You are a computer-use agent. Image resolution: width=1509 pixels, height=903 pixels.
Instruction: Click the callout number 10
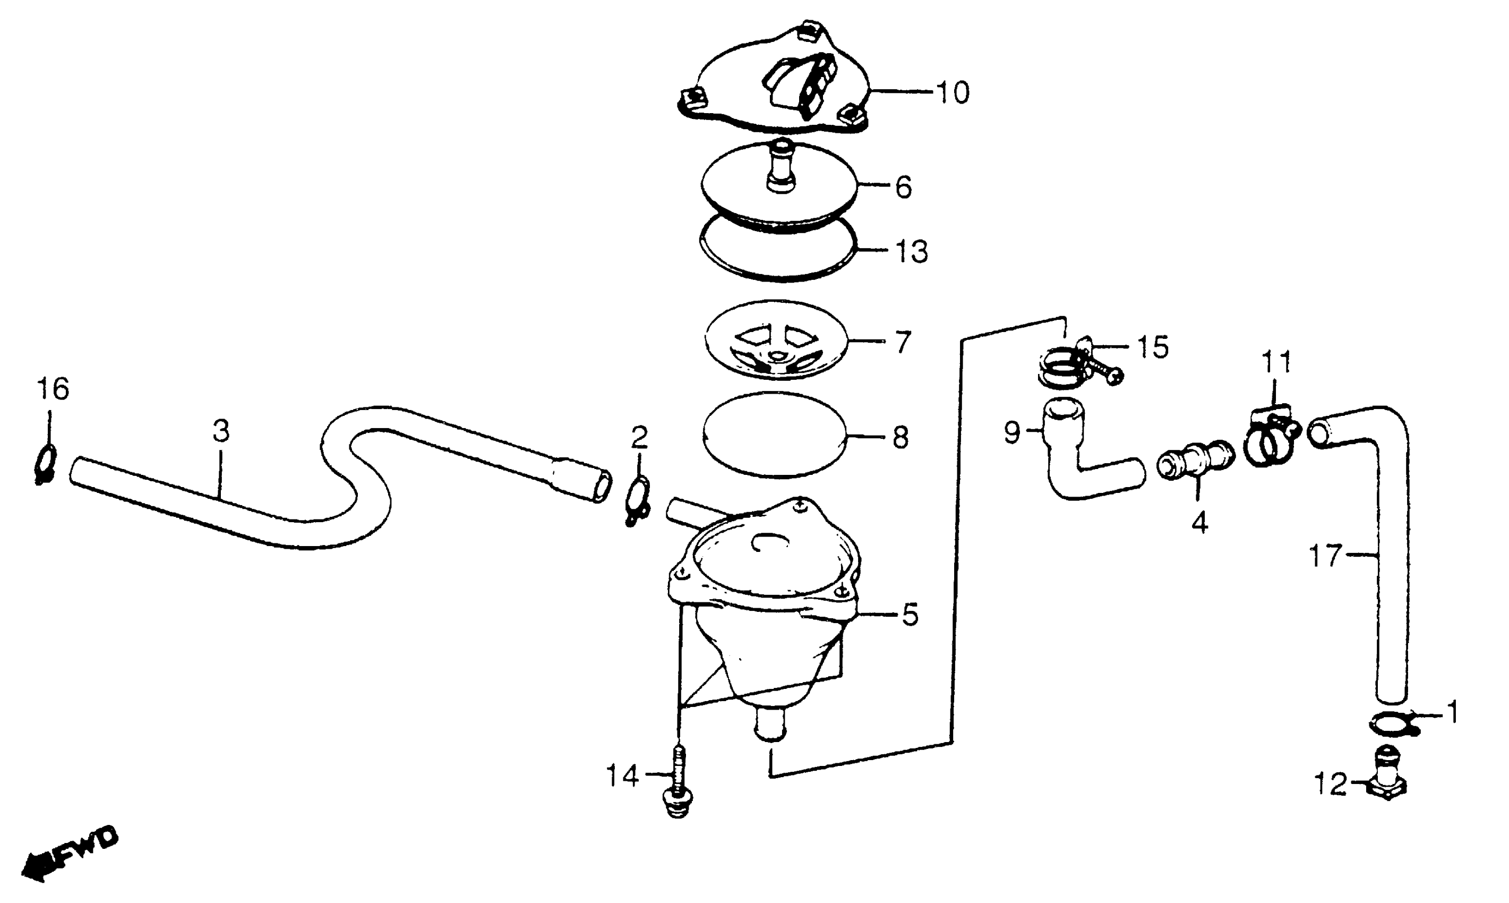953,93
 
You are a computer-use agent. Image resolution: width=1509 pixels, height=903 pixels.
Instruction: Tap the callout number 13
911,252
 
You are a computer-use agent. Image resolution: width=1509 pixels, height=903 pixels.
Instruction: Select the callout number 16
53,389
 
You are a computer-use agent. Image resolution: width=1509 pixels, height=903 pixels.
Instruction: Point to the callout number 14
622,776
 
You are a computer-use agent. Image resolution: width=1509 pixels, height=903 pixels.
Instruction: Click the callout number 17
1325,556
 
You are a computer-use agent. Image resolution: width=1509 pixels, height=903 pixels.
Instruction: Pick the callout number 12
1331,785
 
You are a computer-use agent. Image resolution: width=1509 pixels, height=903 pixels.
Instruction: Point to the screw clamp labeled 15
1079,364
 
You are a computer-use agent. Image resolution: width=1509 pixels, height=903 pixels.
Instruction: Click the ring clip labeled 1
1394,723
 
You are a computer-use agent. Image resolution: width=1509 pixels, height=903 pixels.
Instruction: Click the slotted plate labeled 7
777,341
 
